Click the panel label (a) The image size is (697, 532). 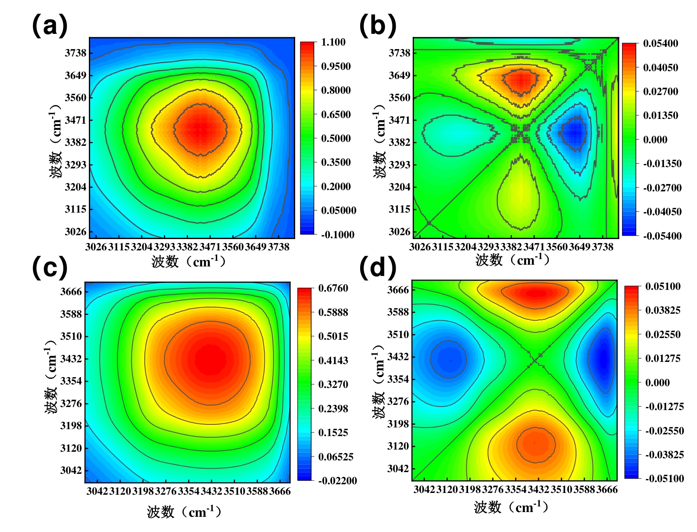click(x=50, y=25)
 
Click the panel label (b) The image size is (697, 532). click(x=378, y=25)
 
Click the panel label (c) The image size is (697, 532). click(x=50, y=267)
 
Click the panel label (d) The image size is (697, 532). click(x=378, y=267)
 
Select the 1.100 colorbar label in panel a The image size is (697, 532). click(x=333, y=43)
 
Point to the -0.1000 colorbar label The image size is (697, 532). click(x=337, y=235)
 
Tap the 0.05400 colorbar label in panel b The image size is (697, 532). click(x=660, y=43)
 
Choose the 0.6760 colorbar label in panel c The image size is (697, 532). click(x=333, y=289)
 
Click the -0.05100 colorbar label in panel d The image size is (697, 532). click(x=664, y=479)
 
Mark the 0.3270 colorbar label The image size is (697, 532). click(x=333, y=384)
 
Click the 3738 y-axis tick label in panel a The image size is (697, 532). click(x=75, y=53)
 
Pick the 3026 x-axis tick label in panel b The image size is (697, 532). click(x=420, y=247)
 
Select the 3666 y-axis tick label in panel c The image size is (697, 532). click(x=71, y=292)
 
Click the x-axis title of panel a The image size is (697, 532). click(x=189, y=262)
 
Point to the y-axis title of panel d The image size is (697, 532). click(x=379, y=382)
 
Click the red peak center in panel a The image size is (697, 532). click(x=200, y=129)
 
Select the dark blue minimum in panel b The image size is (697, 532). click(x=575, y=131)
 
